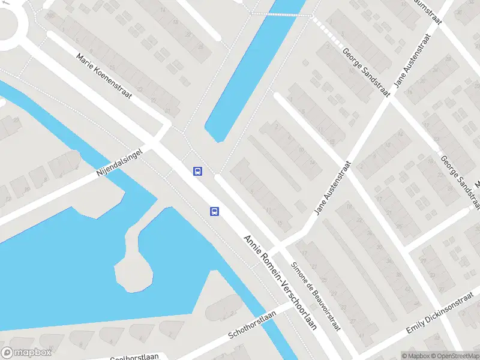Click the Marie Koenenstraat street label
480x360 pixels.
coord(104,76)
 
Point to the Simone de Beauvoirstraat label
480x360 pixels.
coord(316,296)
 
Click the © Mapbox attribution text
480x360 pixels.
coord(416,356)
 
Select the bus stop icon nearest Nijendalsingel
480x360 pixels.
coord(197,171)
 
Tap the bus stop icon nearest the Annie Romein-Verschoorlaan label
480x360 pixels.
coord(214,211)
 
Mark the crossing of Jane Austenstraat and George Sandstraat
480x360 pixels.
coord(388,98)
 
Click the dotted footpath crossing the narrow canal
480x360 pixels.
coord(281,14)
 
